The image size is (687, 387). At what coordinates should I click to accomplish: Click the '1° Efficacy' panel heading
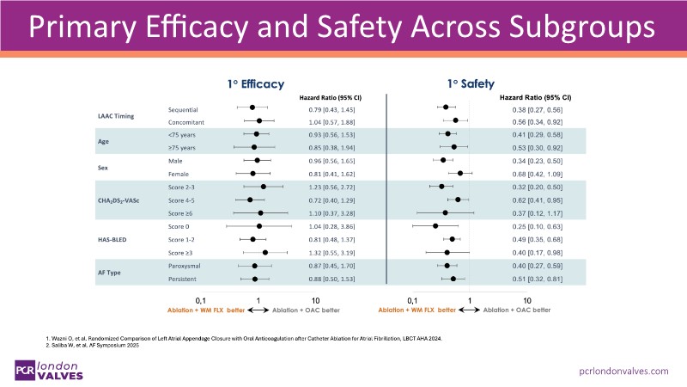[255, 85]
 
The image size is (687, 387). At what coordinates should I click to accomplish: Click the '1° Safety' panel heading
[470, 85]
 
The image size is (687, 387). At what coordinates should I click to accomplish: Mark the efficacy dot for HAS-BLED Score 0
[259, 226]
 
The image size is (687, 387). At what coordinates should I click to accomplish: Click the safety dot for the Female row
[460, 174]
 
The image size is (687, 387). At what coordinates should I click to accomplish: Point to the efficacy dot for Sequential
[252, 107]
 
